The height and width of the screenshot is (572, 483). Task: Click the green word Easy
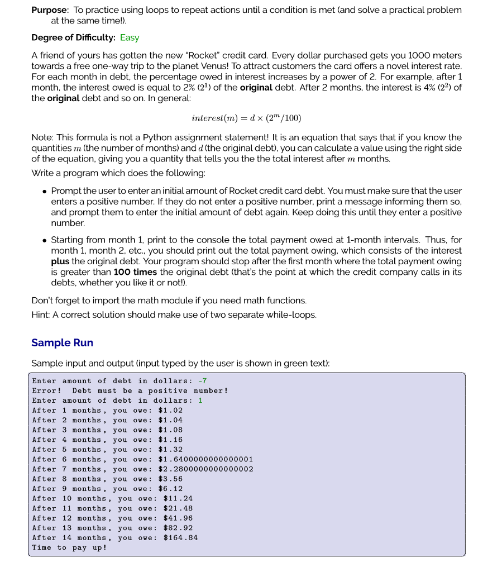pos(130,37)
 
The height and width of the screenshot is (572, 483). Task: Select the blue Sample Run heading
pos(62,342)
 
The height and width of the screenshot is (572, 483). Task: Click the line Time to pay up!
pos(69,547)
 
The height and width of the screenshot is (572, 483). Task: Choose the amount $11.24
pos(178,498)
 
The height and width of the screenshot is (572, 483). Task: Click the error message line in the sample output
pos(130,390)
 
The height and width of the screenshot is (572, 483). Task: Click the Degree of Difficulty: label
pos(73,37)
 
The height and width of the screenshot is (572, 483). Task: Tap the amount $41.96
pos(178,518)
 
